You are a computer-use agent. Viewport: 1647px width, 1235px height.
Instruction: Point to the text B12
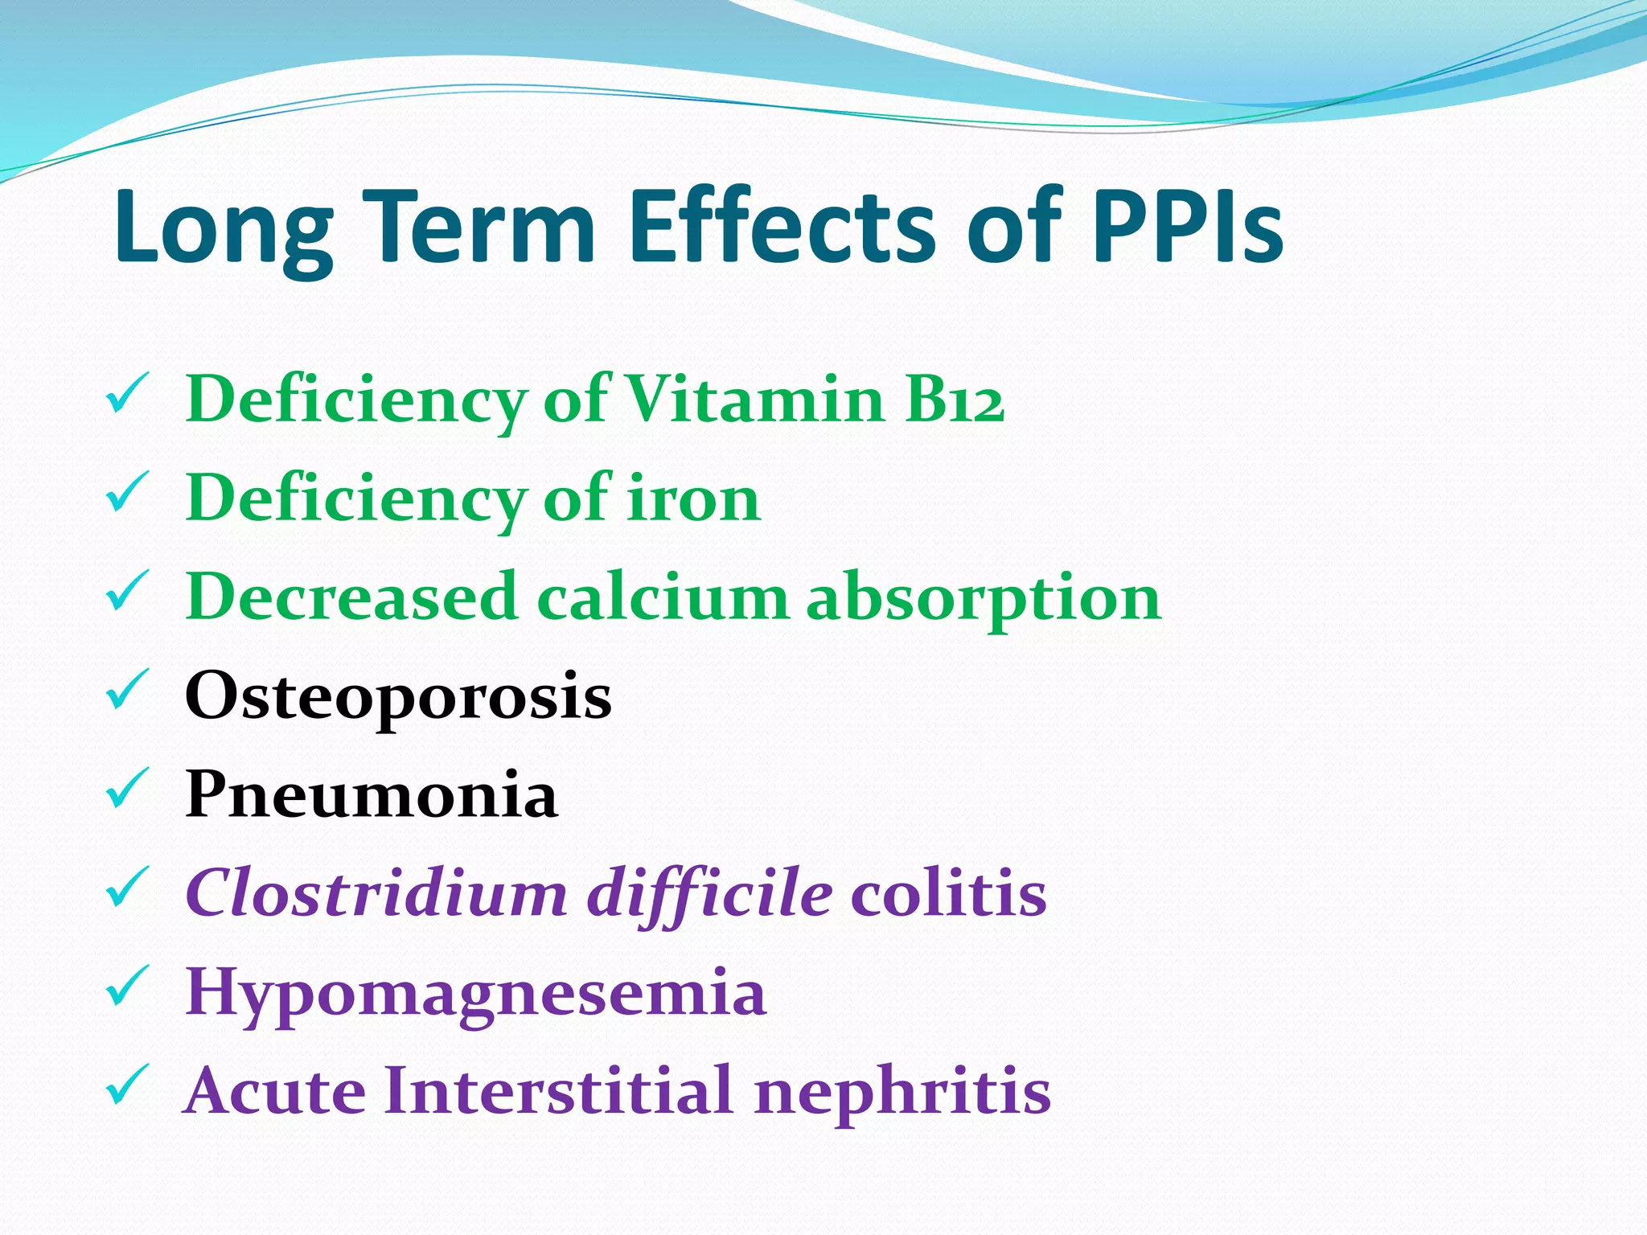pyautogui.click(x=955, y=400)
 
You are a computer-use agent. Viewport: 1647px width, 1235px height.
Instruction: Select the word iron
pyautogui.click(x=693, y=499)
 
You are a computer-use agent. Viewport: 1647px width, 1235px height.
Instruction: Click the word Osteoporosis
pyautogui.click(x=398, y=696)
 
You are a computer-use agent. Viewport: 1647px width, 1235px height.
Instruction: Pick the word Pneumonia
pyautogui.click(x=371, y=794)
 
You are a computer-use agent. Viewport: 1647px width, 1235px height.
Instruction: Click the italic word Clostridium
pyautogui.click(x=376, y=893)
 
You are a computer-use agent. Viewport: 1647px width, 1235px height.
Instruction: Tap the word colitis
pyautogui.click(x=949, y=893)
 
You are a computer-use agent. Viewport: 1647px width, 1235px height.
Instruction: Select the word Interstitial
pyautogui.click(x=559, y=1091)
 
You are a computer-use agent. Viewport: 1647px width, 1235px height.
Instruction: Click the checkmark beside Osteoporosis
pyautogui.click(x=126, y=690)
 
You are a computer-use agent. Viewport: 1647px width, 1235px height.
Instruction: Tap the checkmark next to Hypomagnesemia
pyautogui.click(x=126, y=986)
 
